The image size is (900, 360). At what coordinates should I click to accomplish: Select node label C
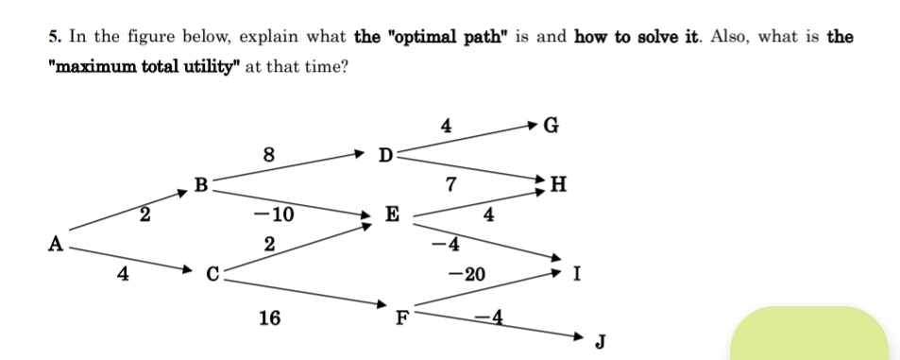(214, 275)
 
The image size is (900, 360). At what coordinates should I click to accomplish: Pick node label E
(392, 214)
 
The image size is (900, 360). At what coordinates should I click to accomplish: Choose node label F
(401, 317)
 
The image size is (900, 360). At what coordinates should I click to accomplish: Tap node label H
(559, 184)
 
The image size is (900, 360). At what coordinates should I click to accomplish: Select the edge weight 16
(269, 318)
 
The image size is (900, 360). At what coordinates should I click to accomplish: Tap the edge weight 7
(452, 184)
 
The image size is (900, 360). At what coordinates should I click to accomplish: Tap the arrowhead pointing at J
(579, 334)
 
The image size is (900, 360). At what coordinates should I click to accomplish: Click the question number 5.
(54, 38)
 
